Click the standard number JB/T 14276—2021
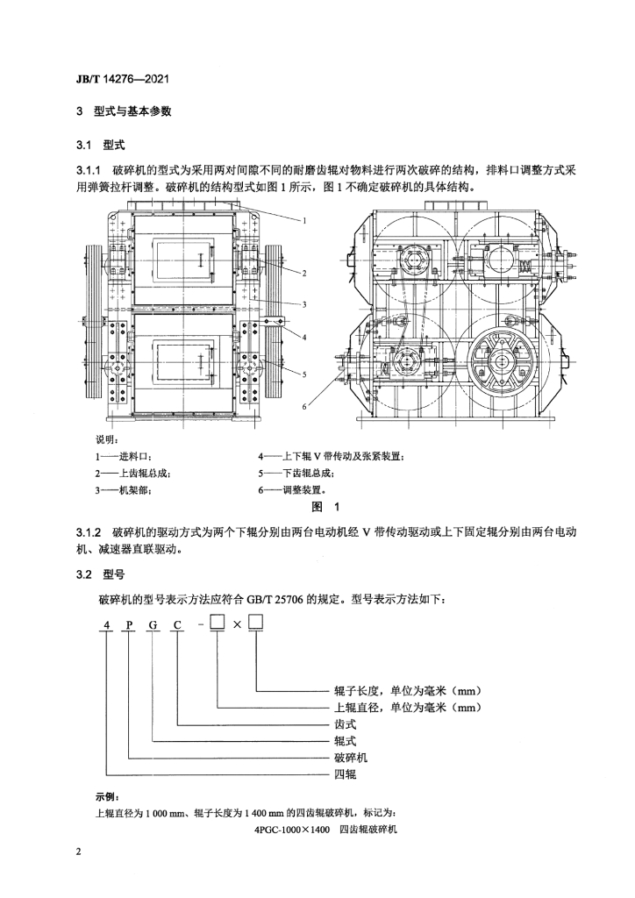coord(123,79)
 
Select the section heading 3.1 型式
coord(100,145)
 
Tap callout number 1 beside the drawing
coord(304,220)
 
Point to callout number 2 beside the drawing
coord(304,274)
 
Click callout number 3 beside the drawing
coord(304,304)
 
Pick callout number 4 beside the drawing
coord(304,338)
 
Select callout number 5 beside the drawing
coord(304,374)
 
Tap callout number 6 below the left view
coord(304,407)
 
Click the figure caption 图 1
coord(325,506)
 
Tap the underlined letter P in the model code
coord(130,625)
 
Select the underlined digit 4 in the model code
coord(106,625)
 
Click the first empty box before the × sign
coord(218,623)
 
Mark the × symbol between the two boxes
coord(237,624)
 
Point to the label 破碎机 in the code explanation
coord(351,758)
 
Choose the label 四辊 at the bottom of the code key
coord(346,774)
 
